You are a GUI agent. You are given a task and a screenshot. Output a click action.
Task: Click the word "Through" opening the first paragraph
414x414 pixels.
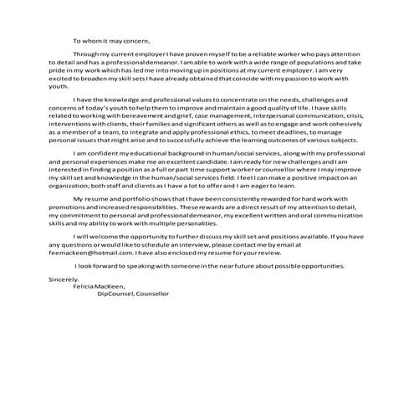(87, 52)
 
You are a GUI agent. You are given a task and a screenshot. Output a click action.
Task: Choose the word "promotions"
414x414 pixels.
(69, 233)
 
